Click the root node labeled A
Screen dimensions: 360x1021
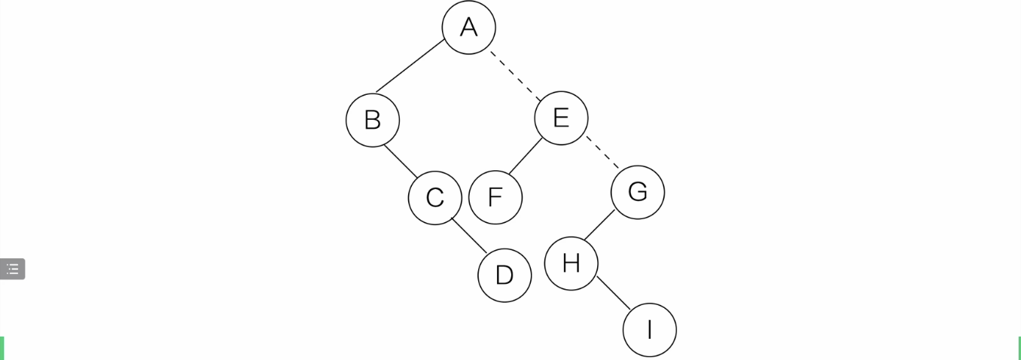click(x=468, y=28)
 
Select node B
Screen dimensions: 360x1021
click(x=373, y=120)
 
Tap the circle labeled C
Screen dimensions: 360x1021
click(x=434, y=197)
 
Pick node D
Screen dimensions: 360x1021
click(x=504, y=275)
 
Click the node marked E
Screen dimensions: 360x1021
click(x=561, y=118)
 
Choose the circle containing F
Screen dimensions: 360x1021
click(x=495, y=197)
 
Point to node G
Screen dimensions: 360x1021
click(x=637, y=192)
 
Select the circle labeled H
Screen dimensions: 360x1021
click(x=571, y=263)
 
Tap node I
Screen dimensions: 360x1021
click(x=649, y=329)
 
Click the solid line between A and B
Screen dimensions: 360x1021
click(x=410, y=66)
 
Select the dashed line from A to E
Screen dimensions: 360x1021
click(x=515, y=75)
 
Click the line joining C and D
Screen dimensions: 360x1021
click(x=469, y=235)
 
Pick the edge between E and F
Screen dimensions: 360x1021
click(x=526, y=157)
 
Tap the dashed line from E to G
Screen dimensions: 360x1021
click(x=602, y=153)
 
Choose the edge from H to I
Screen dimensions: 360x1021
click(x=613, y=292)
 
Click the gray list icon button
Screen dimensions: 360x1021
click(x=12, y=269)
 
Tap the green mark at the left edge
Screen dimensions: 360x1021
click(x=2, y=348)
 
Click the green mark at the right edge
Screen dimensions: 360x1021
click(x=1019, y=348)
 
